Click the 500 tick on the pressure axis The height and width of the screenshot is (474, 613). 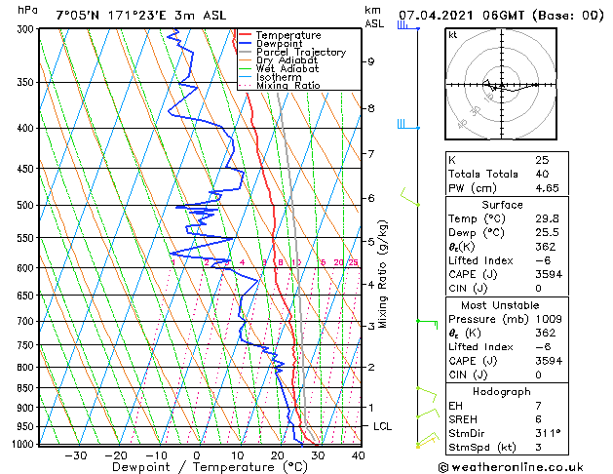click(19, 206)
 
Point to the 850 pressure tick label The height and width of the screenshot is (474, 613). click(19, 388)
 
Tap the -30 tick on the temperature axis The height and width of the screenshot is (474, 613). click(76, 454)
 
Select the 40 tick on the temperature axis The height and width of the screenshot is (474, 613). click(358, 454)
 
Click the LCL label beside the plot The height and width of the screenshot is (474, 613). click(383, 427)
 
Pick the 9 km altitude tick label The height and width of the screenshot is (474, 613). click(371, 61)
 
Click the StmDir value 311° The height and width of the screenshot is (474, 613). click(548, 433)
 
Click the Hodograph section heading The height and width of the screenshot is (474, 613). click(501, 391)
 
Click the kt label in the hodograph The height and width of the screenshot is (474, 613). click(453, 35)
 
